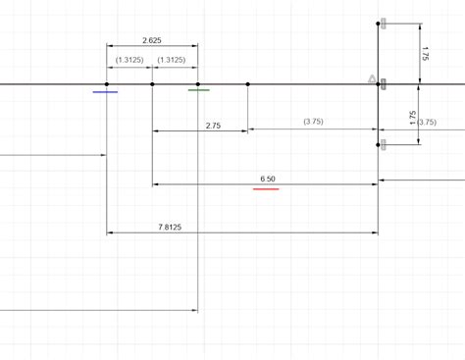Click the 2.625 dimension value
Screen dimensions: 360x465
[152, 40]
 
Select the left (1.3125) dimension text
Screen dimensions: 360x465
[129, 60]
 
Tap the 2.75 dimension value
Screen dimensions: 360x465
[213, 127]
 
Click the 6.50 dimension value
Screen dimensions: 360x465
[268, 179]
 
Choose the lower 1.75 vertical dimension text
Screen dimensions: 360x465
[412, 116]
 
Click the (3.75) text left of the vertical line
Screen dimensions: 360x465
[313, 122]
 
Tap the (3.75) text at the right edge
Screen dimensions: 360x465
[427, 122]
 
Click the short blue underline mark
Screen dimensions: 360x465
[106, 92]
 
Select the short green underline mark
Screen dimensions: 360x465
[198, 90]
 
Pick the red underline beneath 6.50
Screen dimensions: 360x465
[266, 188]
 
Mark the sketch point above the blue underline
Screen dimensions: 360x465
[107, 84]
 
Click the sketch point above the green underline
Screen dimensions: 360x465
[198, 84]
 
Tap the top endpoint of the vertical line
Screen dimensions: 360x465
[378, 24]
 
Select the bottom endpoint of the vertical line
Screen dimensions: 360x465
[378, 146]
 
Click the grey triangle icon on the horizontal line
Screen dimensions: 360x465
[372, 78]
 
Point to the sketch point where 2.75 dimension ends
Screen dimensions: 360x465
[248, 84]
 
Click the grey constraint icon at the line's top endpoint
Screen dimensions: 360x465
[386, 23]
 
